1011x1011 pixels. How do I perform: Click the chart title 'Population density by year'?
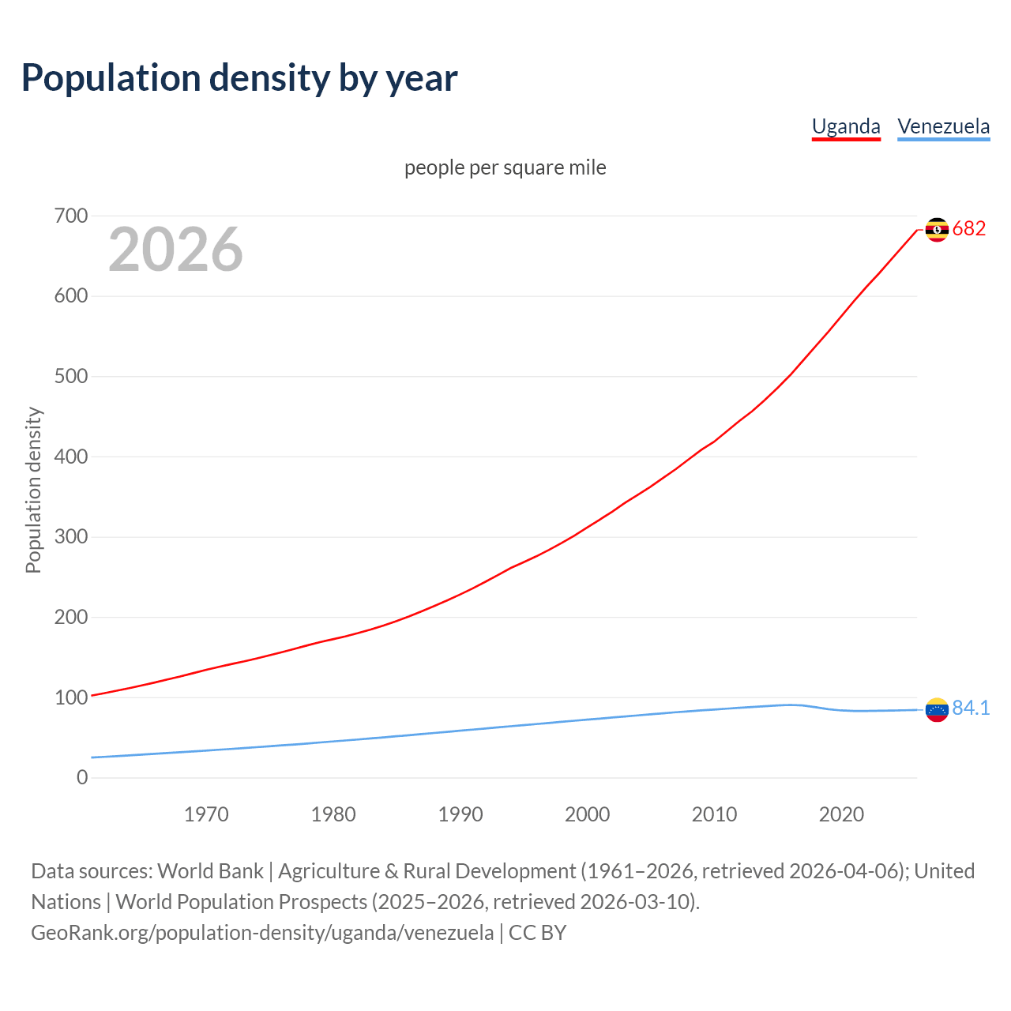(239, 78)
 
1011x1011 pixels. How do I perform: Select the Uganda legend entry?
(846, 126)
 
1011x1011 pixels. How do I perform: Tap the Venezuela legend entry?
(943, 126)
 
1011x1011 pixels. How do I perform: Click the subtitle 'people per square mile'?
(505, 167)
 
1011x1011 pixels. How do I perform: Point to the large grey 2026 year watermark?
(175, 250)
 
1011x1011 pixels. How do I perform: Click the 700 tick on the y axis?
(71, 216)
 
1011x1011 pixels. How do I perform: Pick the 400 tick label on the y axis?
(71, 457)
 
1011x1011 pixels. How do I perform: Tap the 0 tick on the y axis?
(82, 778)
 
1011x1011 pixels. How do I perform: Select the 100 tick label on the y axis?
(71, 697)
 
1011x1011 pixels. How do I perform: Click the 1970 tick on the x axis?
(206, 814)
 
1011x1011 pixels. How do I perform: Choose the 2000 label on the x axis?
(587, 814)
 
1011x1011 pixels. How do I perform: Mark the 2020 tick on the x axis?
(841, 814)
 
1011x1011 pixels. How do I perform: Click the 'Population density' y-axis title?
(33, 490)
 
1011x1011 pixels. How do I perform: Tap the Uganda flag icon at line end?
(937, 229)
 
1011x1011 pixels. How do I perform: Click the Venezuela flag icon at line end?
(937, 709)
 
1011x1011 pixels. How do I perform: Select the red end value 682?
(969, 229)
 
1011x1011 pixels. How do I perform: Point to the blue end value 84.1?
(971, 708)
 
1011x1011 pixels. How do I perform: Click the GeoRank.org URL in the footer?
(262, 933)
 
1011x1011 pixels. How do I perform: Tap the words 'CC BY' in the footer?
(537, 933)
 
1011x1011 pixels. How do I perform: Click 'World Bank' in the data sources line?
(210, 871)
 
